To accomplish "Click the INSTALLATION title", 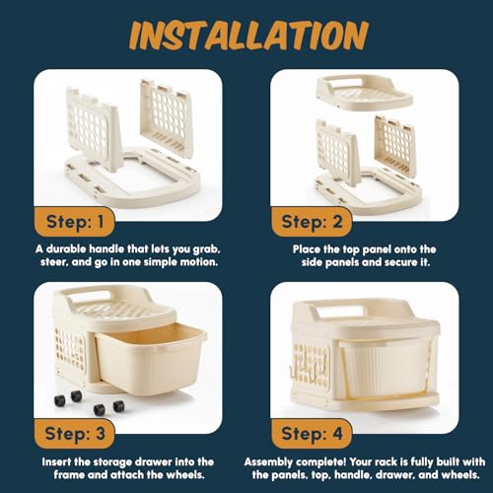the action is coord(248,35).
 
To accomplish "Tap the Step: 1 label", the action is coord(75,222).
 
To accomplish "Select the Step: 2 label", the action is coord(312,222).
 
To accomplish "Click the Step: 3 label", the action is coord(75,434).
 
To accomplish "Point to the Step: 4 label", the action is coord(312,434).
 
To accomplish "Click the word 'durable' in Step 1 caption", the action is coord(66,248).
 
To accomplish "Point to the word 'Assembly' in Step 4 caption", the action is coord(268,462).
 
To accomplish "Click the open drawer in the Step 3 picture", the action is coord(150,358).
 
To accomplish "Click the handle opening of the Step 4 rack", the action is coord(342,312).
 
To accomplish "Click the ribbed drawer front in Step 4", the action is coord(387,370).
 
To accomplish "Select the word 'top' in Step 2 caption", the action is coord(351,249).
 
